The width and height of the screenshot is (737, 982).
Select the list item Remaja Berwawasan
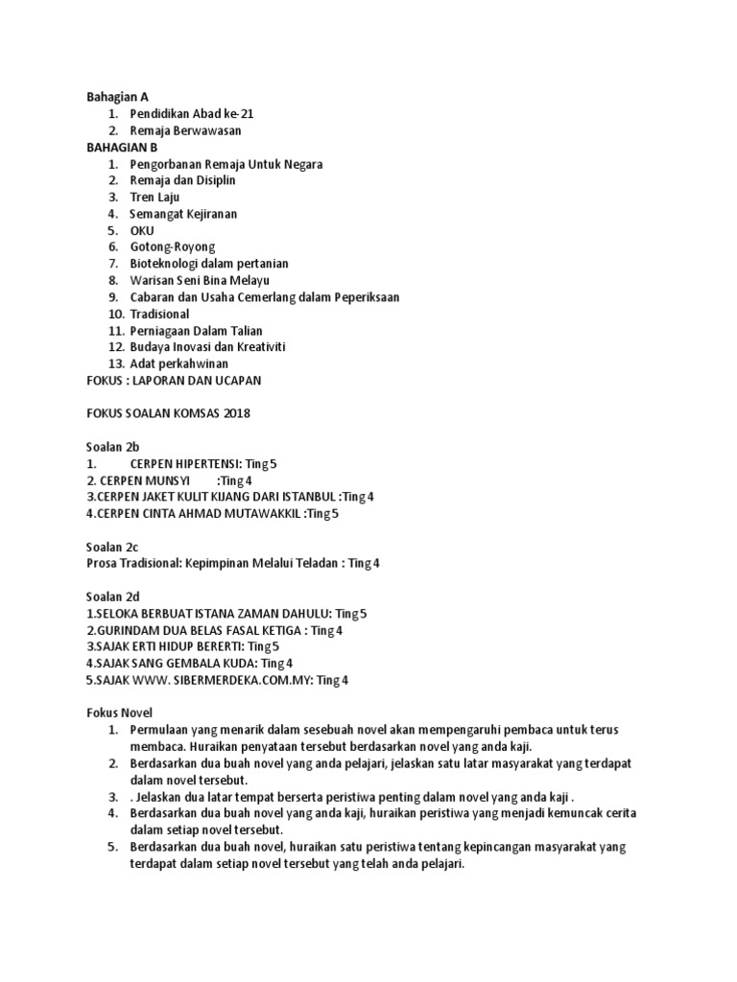pos(185,130)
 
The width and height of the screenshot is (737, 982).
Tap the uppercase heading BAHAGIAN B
pos(123,147)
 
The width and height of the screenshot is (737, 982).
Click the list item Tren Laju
pos(155,197)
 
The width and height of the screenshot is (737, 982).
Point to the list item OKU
pos(141,230)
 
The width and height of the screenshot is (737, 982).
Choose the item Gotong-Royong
pos(172,246)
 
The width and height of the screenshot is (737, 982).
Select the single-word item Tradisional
pos(159,314)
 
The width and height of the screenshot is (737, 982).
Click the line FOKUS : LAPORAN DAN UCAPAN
pos(174,381)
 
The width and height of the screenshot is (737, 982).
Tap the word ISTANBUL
pos(307,497)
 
